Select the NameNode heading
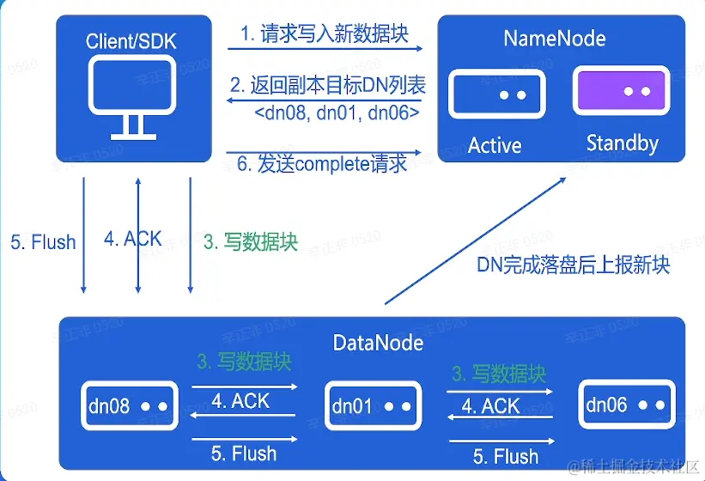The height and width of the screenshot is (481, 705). [554, 39]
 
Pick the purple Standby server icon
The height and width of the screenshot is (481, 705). [621, 91]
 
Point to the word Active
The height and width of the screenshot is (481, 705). [495, 144]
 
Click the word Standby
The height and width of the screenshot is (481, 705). [622, 143]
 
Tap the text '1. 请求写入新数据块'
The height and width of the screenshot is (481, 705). [324, 33]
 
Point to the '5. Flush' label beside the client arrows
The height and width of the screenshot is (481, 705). [43, 242]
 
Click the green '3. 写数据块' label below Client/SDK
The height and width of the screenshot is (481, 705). [251, 242]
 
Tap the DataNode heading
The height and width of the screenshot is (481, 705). [378, 343]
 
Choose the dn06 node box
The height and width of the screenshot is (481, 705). [624, 404]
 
